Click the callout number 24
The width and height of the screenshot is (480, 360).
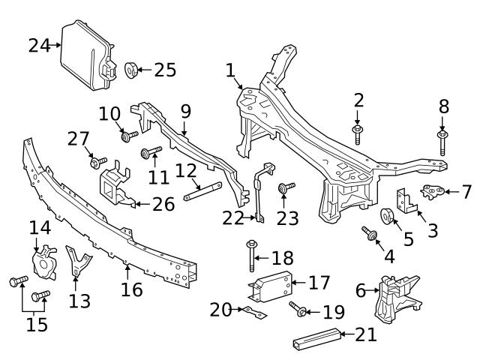[39, 46]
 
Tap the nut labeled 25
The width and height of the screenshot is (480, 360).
[130, 70]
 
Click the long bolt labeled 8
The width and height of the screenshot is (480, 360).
[442, 142]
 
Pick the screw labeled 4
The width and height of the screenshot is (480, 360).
[370, 234]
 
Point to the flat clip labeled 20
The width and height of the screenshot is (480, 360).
[249, 311]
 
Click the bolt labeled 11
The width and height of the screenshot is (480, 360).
[150, 153]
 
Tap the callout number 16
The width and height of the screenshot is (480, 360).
[132, 289]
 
